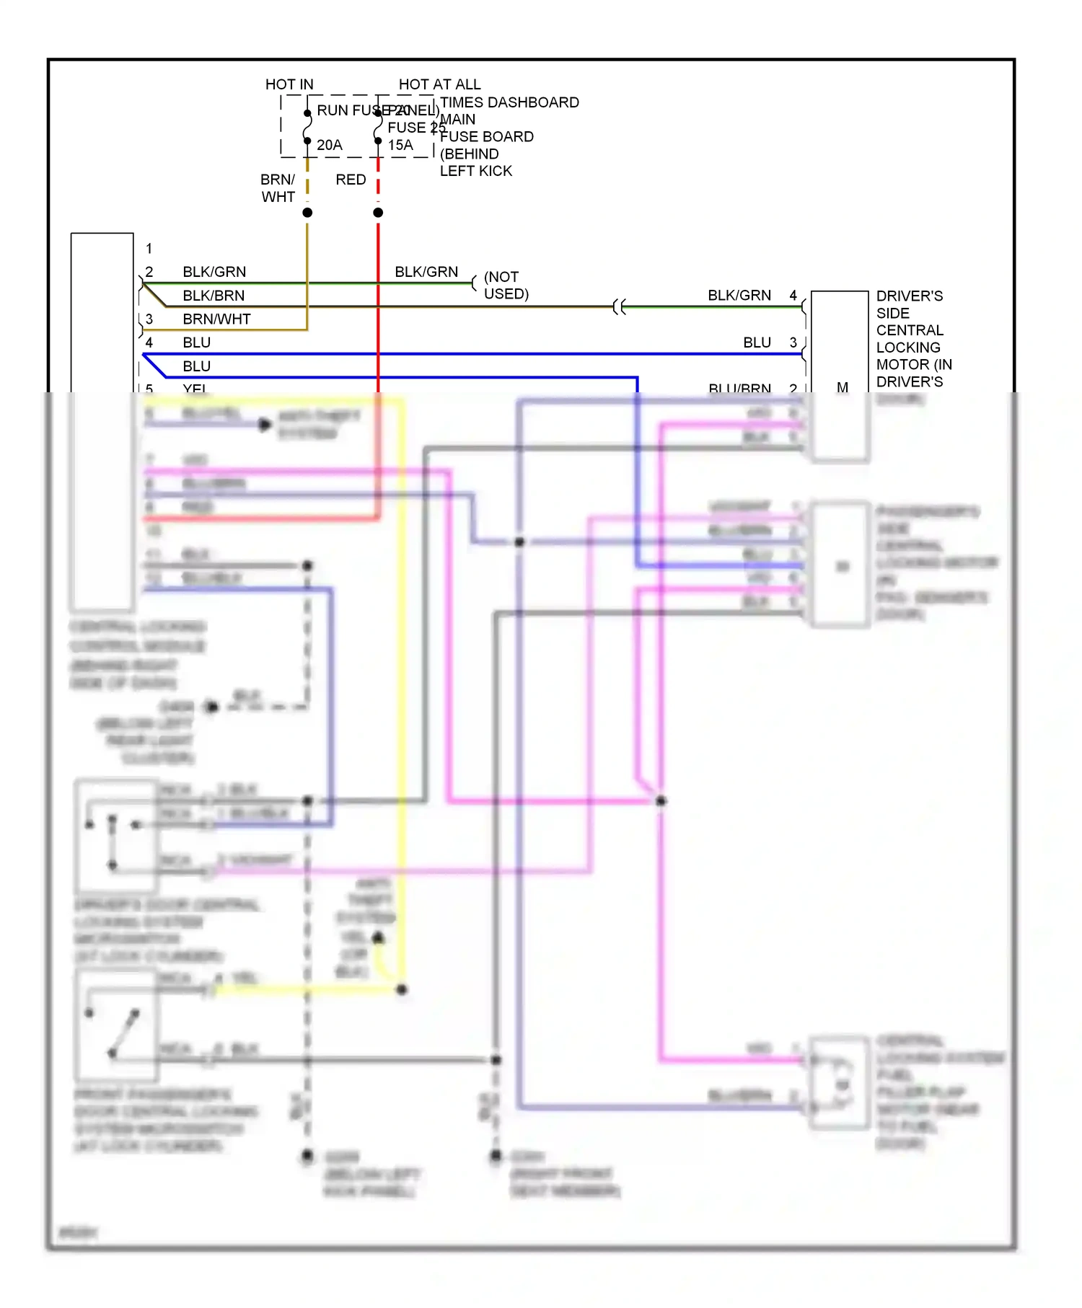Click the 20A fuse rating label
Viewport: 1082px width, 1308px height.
pos(329,145)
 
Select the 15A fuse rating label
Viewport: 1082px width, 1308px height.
pos(400,145)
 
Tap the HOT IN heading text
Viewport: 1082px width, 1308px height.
pos(289,84)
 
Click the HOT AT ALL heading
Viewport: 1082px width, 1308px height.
pos(439,84)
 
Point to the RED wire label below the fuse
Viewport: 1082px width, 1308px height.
pos(351,180)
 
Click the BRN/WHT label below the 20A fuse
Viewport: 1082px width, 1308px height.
pos(278,187)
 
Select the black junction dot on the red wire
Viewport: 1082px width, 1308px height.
pos(378,213)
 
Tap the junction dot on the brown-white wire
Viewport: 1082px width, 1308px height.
pos(307,213)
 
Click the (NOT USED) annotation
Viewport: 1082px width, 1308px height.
pos(506,286)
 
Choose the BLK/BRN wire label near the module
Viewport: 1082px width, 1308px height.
pos(214,296)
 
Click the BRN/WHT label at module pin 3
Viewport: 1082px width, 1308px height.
pos(216,319)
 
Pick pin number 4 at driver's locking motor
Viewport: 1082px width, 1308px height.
pos(793,295)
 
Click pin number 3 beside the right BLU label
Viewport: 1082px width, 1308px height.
pos(793,343)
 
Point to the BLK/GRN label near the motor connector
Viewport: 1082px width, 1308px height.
pos(739,295)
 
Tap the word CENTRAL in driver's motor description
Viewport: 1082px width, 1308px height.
pos(909,330)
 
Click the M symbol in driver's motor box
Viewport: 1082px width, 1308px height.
pos(842,387)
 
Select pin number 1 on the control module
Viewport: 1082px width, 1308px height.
pos(149,248)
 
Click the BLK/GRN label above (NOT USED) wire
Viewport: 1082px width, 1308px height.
pos(426,272)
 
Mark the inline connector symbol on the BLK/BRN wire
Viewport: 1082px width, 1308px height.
pos(619,307)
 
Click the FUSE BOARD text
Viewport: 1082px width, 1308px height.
pos(486,136)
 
